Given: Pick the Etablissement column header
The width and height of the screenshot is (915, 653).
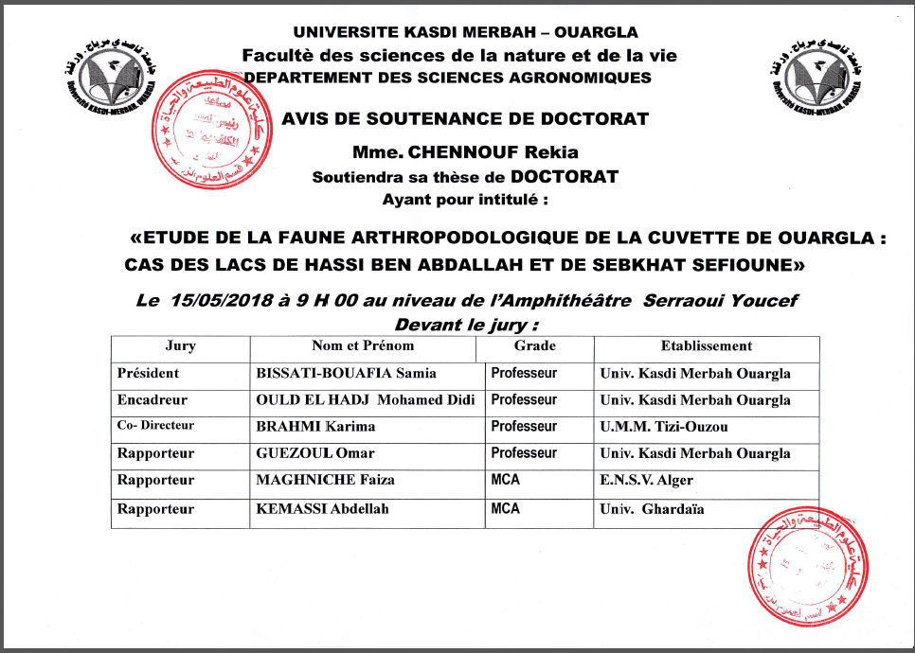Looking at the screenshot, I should (x=707, y=346).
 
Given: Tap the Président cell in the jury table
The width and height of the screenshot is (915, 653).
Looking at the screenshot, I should (x=148, y=374).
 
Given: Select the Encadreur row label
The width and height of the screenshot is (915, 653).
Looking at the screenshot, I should (x=152, y=400).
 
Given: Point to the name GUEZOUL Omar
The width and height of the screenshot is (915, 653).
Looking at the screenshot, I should (x=316, y=453).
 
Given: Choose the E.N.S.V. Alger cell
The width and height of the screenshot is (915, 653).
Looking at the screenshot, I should (x=646, y=480).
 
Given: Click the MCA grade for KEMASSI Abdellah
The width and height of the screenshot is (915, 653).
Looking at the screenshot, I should (x=506, y=509).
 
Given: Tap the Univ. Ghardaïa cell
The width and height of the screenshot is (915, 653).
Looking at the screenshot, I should (x=652, y=510).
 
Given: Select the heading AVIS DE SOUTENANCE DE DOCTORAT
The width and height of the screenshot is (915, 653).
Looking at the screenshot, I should (x=465, y=119).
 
